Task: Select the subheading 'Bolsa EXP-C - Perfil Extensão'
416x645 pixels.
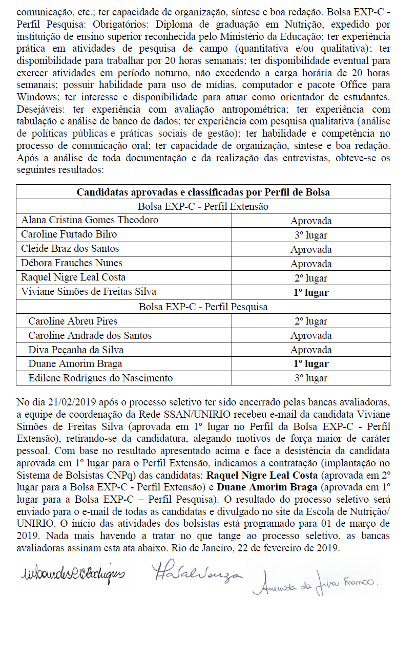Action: click(203, 206)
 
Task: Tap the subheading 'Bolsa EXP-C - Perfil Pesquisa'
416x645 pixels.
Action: click(203, 307)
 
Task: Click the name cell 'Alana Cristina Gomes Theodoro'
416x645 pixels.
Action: click(90, 220)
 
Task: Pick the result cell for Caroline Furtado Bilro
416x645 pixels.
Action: click(310, 235)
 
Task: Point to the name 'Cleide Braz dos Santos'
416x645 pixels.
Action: click(70, 249)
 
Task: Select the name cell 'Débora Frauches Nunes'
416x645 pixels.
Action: click(72, 263)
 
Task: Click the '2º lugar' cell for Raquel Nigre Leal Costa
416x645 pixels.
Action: click(310, 278)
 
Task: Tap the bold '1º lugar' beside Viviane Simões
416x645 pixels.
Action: click(310, 292)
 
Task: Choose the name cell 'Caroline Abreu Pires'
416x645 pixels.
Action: click(73, 321)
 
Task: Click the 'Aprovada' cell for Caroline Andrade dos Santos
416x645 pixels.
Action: click(310, 336)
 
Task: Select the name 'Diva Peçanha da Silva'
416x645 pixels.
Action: click(76, 350)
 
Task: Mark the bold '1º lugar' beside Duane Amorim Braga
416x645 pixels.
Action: click(310, 364)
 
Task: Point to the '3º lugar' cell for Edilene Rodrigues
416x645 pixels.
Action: click(310, 379)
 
